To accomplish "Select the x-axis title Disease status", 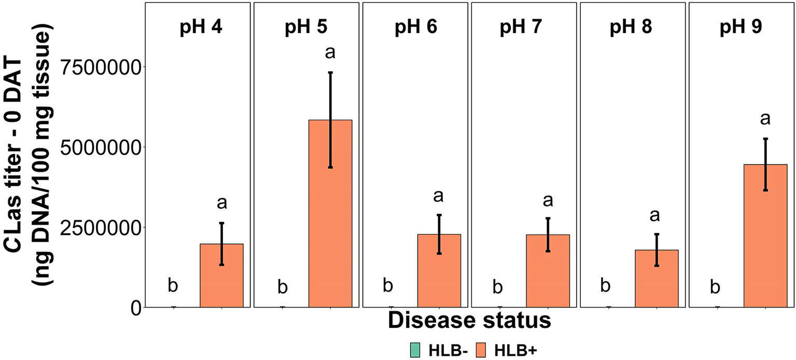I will [x=469, y=320].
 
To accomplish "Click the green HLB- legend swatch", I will [x=415, y=350].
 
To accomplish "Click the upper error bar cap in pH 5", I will [x=330, y=73].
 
